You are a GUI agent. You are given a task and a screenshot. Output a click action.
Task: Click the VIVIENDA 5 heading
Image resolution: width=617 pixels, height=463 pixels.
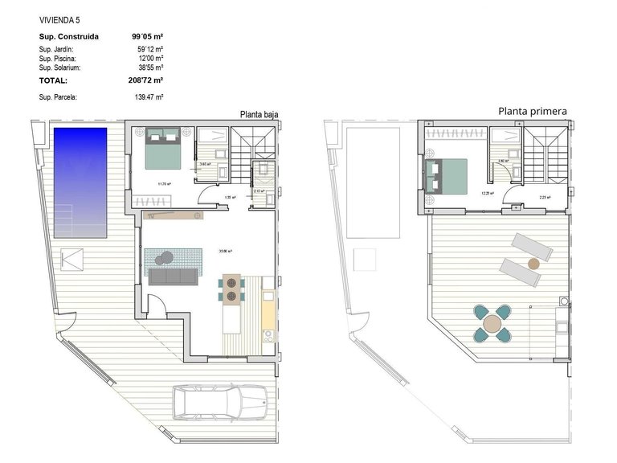pyautogui.click(x=59, y=18)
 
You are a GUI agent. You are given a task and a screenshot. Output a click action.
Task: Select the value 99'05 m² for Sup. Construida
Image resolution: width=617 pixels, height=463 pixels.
pyautogui.click(x=148, y=36)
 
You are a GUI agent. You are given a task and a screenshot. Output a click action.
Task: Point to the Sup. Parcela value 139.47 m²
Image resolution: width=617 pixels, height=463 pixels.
pyautogui.click(x=149, y=97)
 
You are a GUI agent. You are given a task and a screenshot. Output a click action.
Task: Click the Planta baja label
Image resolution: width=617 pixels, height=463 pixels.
pyautogui.click(x=259, y=115)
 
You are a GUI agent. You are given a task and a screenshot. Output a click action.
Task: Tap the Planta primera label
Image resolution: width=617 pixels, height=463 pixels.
pyautogui.click(x=533, y=112)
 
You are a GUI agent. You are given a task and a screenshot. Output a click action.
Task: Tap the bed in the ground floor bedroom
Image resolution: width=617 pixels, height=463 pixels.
pyautogui.click(x=164, y=148)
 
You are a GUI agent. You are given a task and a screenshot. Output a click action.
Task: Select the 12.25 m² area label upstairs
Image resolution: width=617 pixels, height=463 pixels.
pyautogui.click(x=486, y=193)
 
